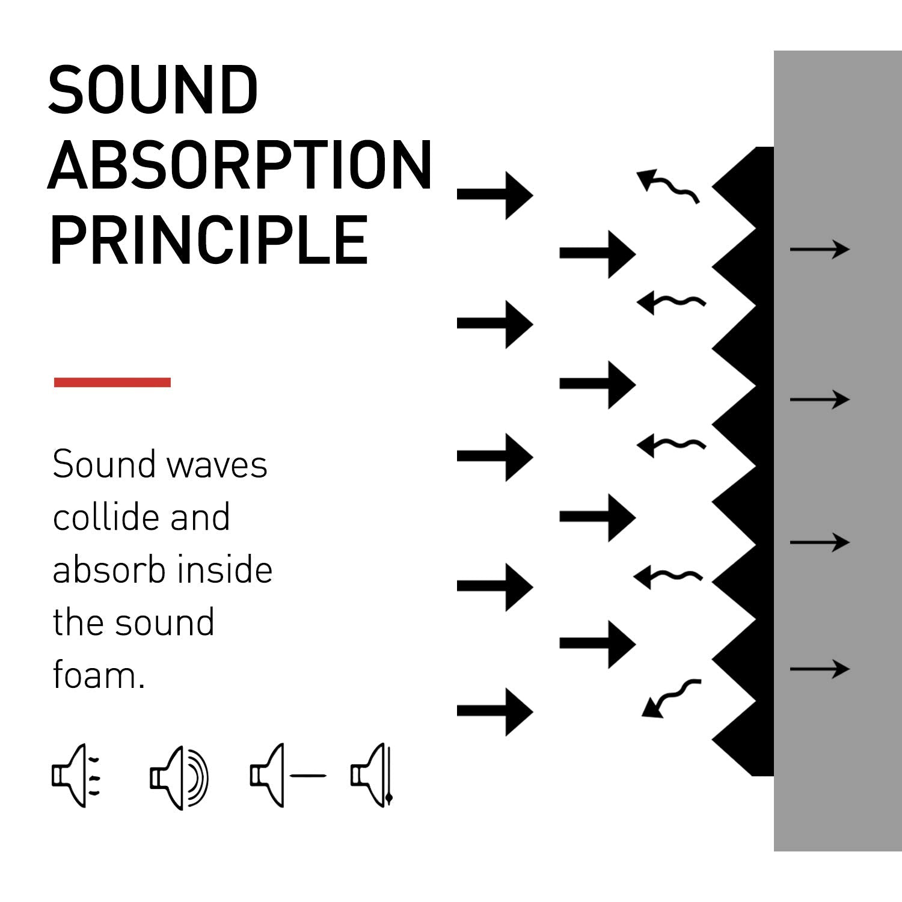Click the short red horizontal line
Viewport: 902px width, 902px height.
coord(112,382)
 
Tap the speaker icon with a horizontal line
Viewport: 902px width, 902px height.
coord(287,776)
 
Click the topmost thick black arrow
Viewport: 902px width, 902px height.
coord(495,195)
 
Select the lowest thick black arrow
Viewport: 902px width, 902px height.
coord(495,711)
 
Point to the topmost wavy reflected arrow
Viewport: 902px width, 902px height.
coord(667,185)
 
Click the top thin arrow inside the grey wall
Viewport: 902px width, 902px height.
coord(819,249)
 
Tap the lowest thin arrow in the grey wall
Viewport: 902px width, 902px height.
coord(819,669)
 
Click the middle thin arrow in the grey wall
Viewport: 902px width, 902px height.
coord(819,399)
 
